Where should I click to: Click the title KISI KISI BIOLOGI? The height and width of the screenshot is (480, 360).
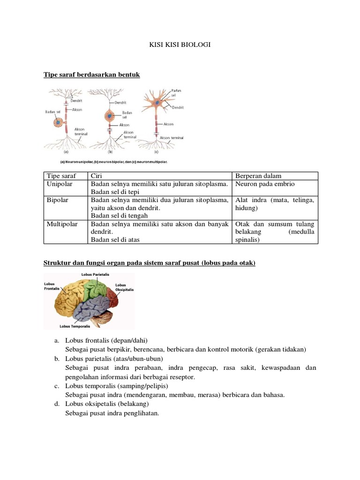click(180, 45)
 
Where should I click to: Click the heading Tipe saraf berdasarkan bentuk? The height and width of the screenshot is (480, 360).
click(92, 75)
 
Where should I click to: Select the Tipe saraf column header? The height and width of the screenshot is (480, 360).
click(61, 176)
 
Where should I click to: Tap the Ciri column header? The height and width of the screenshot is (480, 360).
click(97, 176)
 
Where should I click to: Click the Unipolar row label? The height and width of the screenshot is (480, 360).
click(60, 184)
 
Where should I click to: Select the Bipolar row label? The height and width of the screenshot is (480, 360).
click(58, 200)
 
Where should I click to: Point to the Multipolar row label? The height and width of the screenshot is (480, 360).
click(61, 224)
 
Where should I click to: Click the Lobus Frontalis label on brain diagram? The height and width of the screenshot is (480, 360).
click(52, 286)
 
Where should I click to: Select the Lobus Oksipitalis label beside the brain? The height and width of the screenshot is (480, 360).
click(124, 287)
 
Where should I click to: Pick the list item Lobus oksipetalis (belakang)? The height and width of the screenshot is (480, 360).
click(107, 404)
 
